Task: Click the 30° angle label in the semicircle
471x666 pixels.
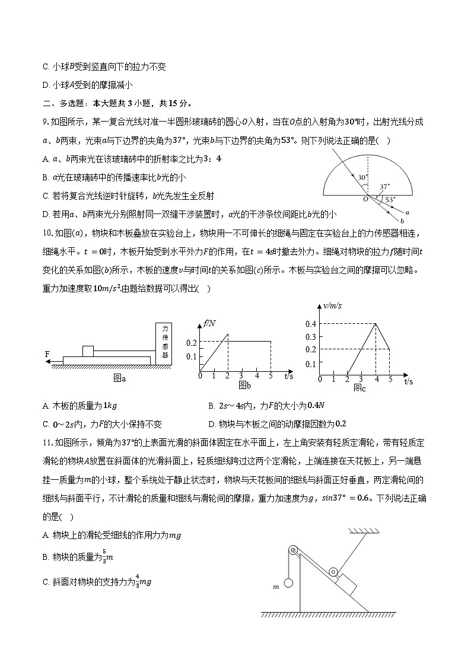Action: pos(362,177)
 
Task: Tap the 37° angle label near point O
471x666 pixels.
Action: pos(385,186)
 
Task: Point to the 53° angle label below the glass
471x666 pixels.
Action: pos(389,200)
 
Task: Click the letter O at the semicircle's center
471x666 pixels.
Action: pos(366,200)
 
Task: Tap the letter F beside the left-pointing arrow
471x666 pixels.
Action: pos(47,354)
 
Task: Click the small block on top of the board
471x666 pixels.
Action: pos(88,350)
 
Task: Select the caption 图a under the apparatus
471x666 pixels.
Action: pos(120,378)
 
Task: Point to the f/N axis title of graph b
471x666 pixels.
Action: pos(209,323)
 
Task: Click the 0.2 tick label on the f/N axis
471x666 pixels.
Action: pos(191,343)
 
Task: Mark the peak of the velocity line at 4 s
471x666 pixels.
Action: pos(375,323)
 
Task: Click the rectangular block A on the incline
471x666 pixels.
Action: pos(345,584)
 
